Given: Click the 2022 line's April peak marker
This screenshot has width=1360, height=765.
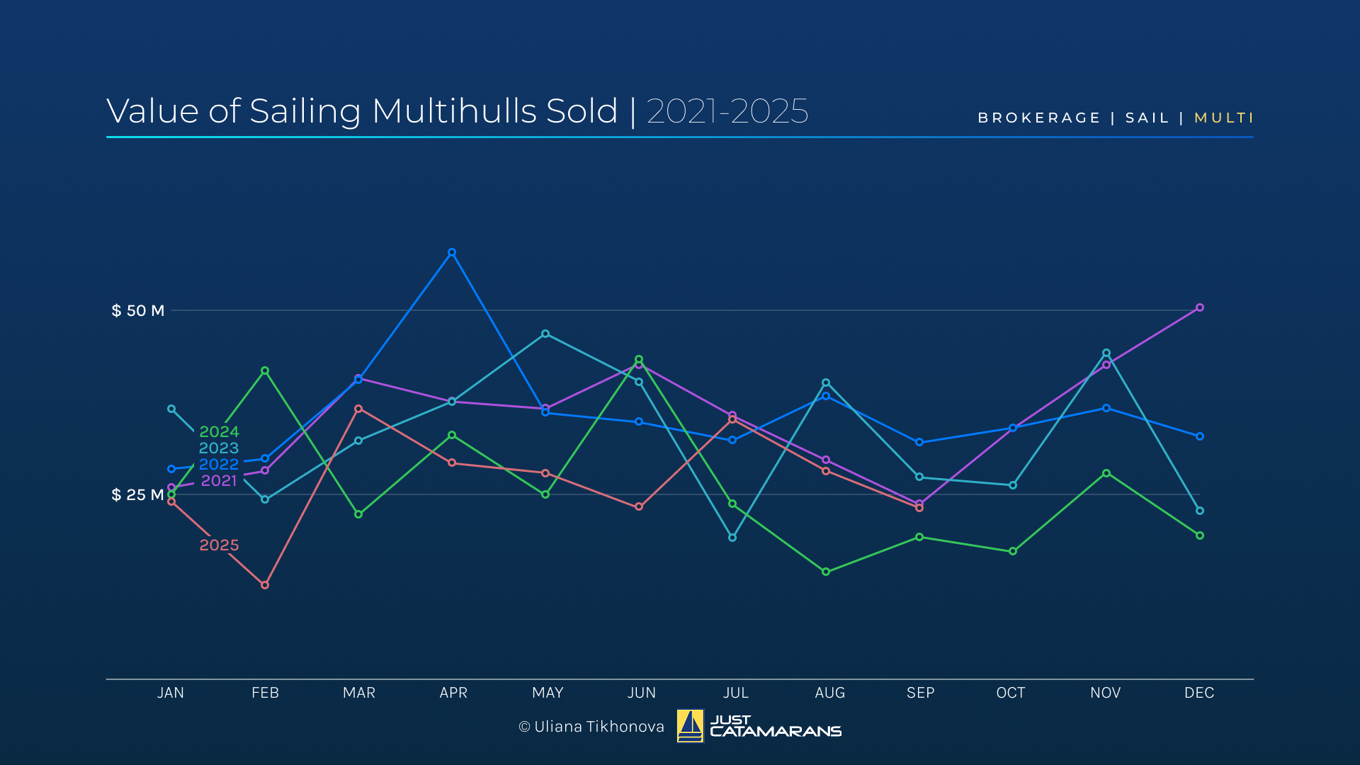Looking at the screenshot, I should (x=452, y=252).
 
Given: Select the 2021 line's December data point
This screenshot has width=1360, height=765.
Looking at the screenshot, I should (x=1200, y=307).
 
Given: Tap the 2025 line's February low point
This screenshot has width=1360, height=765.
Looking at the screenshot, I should (x=265, y=585).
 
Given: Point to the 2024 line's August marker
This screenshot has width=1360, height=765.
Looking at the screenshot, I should (x=826, y=572).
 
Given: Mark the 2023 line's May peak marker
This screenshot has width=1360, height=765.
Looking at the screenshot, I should (x=545, y=334).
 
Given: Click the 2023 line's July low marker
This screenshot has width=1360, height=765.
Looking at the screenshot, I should (x=732, y=538).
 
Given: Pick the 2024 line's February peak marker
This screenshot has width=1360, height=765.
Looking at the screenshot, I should (x=265, y=370).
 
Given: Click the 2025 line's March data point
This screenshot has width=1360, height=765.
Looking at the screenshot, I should (x=358, y=409).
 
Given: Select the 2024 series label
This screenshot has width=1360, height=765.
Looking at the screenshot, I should (x=219, y=431).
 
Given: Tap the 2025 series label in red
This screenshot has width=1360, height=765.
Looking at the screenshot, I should (x=219, y=545).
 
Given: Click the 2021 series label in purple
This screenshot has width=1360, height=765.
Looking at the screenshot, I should (x=219, y=480).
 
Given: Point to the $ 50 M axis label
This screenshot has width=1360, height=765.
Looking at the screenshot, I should (x=138, y=310).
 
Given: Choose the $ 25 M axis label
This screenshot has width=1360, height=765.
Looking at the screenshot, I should (x=138, y=494).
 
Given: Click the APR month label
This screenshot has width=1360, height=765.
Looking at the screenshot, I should (x=453, y=693).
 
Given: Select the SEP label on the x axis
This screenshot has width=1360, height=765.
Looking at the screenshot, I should (x=920, y=693).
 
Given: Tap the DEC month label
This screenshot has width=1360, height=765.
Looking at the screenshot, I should (x=1199, y=693).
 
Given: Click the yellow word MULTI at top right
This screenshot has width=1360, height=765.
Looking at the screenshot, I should (x=1224, y=118).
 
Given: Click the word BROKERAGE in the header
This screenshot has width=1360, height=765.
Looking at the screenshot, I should (x=1039, y=118).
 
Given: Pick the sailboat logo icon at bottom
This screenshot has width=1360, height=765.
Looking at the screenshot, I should (x=690, y=726).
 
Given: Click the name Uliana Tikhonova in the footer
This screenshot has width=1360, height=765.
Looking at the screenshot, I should (x=599, y=727).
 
